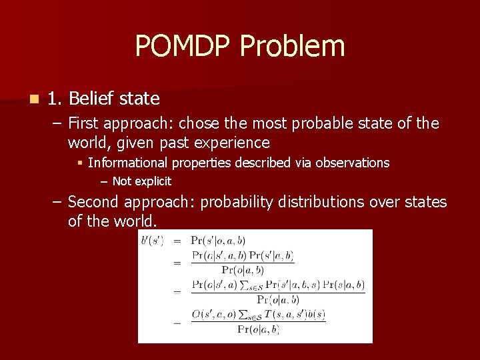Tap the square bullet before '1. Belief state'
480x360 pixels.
click(x=33, y=99)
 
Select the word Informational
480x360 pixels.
click(x=128, y=163)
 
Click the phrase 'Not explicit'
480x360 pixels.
click(x=142, y=181)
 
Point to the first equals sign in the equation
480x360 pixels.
click(x=177, y=240)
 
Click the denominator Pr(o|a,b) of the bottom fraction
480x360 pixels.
click(x=258, y=329)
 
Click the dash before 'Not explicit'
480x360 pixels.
click(x=104, y=181)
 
